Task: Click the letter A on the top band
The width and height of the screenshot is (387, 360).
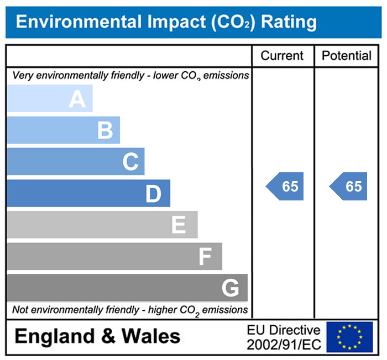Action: pos(77,99)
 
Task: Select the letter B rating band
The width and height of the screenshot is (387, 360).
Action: pos(63,131)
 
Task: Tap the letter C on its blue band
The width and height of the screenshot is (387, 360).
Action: pos(130,162)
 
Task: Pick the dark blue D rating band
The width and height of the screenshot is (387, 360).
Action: pos(88,194)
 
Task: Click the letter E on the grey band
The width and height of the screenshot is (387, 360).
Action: pos(178,225)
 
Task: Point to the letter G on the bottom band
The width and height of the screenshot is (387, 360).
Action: pos(230,288)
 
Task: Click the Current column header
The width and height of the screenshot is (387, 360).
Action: pos(282,56)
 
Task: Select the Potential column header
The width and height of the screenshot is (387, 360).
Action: pos(347,56)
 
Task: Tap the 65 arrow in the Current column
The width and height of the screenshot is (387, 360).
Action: pos(285,187)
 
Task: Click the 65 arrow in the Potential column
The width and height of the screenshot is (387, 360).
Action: pos(349,187)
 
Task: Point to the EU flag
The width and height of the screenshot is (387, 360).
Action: pos(349,337)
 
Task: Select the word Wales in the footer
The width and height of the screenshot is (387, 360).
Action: pos(151,336)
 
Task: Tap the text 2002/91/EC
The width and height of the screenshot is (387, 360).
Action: pos(283,345)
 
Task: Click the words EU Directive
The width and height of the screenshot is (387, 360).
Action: pos(283,331)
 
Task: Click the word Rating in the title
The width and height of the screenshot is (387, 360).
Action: pos(289,22)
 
